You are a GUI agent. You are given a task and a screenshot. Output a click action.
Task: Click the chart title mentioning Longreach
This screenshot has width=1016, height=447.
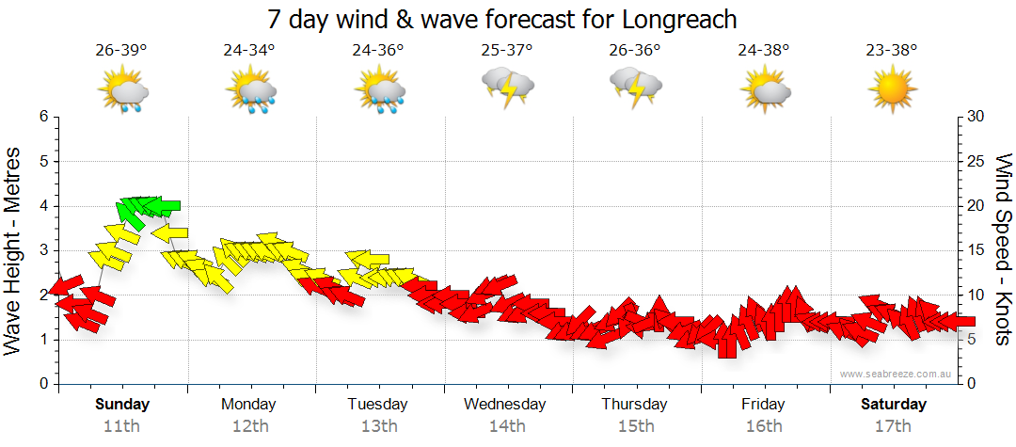(502, 19)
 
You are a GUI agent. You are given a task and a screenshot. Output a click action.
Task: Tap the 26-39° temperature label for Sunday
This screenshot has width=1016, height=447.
(121, 50)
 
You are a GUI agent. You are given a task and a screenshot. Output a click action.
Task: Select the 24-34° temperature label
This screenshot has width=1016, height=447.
(249, 50)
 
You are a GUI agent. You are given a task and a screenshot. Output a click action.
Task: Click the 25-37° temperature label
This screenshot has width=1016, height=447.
(507, 50)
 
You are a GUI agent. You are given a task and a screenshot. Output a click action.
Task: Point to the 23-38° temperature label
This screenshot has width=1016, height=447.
(892, 50)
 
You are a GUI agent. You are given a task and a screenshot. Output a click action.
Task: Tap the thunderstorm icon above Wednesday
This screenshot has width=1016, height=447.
(508, 88)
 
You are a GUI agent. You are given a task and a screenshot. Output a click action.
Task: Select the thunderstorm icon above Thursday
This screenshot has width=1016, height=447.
(636, 88)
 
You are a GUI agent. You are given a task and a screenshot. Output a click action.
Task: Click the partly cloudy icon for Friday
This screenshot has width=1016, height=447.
(765, 90)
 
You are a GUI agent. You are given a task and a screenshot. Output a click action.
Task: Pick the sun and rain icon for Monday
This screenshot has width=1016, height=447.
(250, 91)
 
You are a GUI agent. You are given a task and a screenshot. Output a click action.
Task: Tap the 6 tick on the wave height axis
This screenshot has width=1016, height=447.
(42, 117)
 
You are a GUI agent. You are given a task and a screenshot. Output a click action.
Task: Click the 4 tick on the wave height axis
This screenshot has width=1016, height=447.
(42, 206)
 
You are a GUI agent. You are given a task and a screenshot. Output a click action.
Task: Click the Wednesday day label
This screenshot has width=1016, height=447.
(505, 405)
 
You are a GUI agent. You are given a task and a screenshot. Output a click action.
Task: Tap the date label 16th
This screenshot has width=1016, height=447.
(764, 425)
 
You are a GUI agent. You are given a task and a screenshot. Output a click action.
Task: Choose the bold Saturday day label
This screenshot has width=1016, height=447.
(894, 405)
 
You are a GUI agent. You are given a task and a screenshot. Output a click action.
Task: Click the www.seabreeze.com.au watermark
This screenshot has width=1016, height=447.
(897, 374)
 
